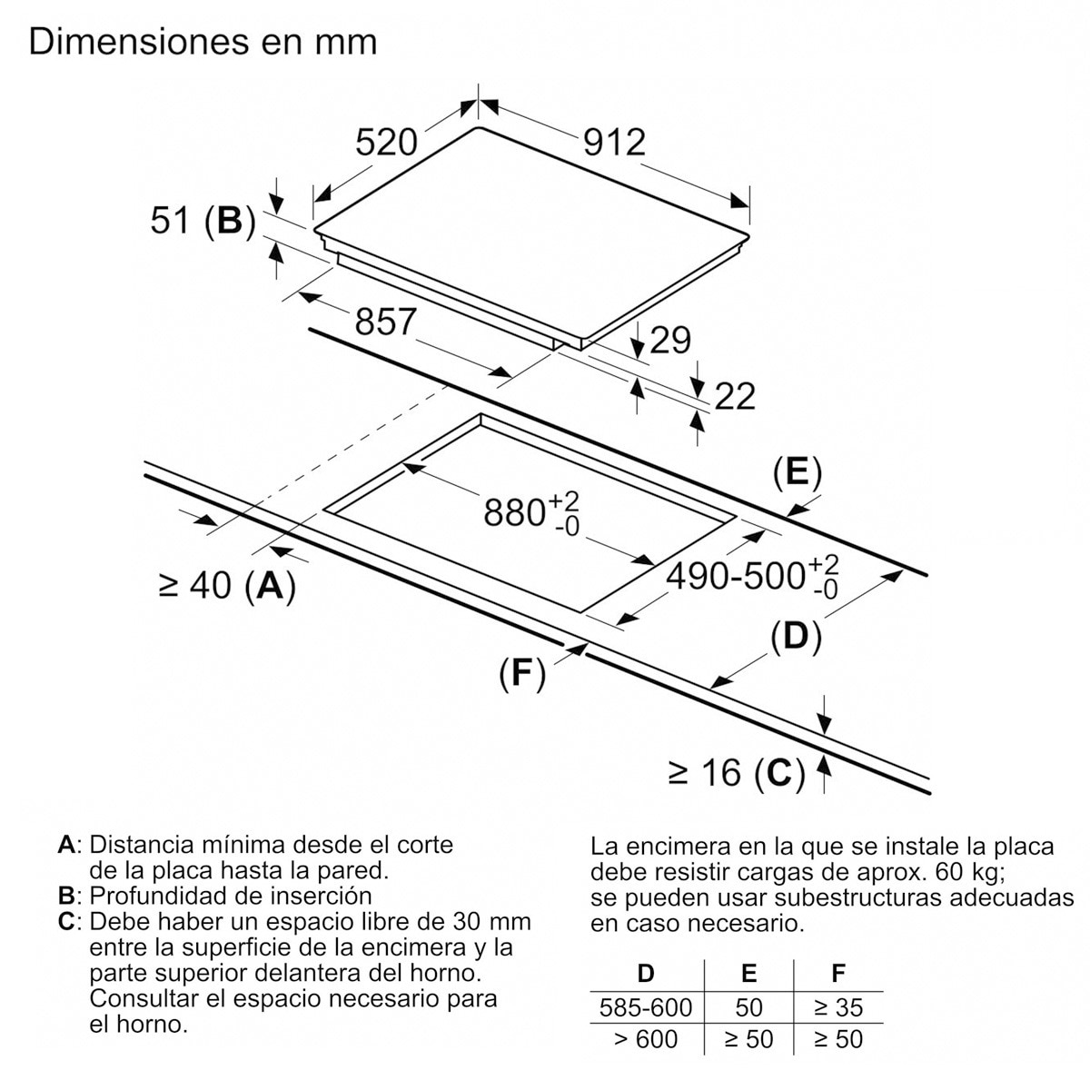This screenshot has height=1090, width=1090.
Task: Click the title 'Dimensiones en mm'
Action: (x=203, y=41)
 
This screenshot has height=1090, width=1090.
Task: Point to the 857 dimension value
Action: (x=385, y=322)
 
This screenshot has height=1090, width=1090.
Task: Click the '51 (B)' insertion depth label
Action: (x=203, y=221)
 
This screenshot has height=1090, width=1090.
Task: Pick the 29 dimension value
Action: (x=670, y=340)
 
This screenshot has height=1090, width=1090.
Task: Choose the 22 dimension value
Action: (x=735, y=396)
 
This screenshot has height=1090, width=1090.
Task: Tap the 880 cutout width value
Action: (x=531, y=513)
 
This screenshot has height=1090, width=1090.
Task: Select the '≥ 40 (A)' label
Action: (x=227, y=585)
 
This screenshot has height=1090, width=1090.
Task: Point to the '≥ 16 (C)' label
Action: (x=737, y=772)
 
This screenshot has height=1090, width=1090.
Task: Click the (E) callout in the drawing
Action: (x=798, y=473)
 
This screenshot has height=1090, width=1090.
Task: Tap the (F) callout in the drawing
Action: (x=522, y=673)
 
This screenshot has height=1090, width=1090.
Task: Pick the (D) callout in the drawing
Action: (x=796, y=637)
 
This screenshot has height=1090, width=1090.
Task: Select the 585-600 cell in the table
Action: (x=646, y=1007)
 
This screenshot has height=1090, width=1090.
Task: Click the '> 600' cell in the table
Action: (x=646, y=1039)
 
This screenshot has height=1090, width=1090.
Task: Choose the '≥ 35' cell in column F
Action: (x=838, y=1007)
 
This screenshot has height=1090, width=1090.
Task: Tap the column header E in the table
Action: (x=748, y=973)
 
